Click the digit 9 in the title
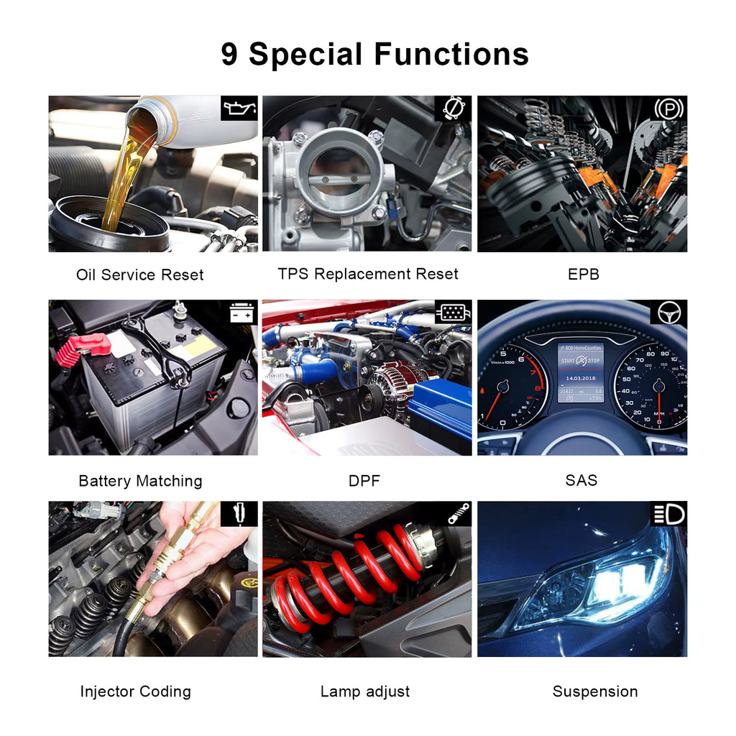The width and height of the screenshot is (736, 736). click(229, 54)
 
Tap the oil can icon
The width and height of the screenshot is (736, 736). click(239, 109)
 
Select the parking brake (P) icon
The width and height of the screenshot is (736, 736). click(669, 109)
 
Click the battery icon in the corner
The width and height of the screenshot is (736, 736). click(241, 312)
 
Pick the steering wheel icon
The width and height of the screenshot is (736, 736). click(669, 313)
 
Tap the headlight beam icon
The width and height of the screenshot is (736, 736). click(669, 514)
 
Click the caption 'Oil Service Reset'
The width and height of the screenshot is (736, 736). click(140, 275)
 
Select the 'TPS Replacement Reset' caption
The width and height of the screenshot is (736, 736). click(368, 274)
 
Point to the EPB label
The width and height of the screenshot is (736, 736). click(584, 274)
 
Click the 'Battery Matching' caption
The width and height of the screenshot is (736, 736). click(140, 481)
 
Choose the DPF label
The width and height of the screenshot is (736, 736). click(364, 481)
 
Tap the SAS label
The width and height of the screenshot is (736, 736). click(581, 480)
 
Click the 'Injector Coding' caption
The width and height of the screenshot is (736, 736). click(136, 691)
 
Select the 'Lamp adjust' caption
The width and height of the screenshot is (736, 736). click(365, 691)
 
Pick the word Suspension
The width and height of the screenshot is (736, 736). click(595, 691)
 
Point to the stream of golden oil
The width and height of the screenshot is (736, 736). click(123, 178)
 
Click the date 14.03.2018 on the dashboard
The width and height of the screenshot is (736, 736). click(581, 378)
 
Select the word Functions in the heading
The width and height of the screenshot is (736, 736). click(451, 54)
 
